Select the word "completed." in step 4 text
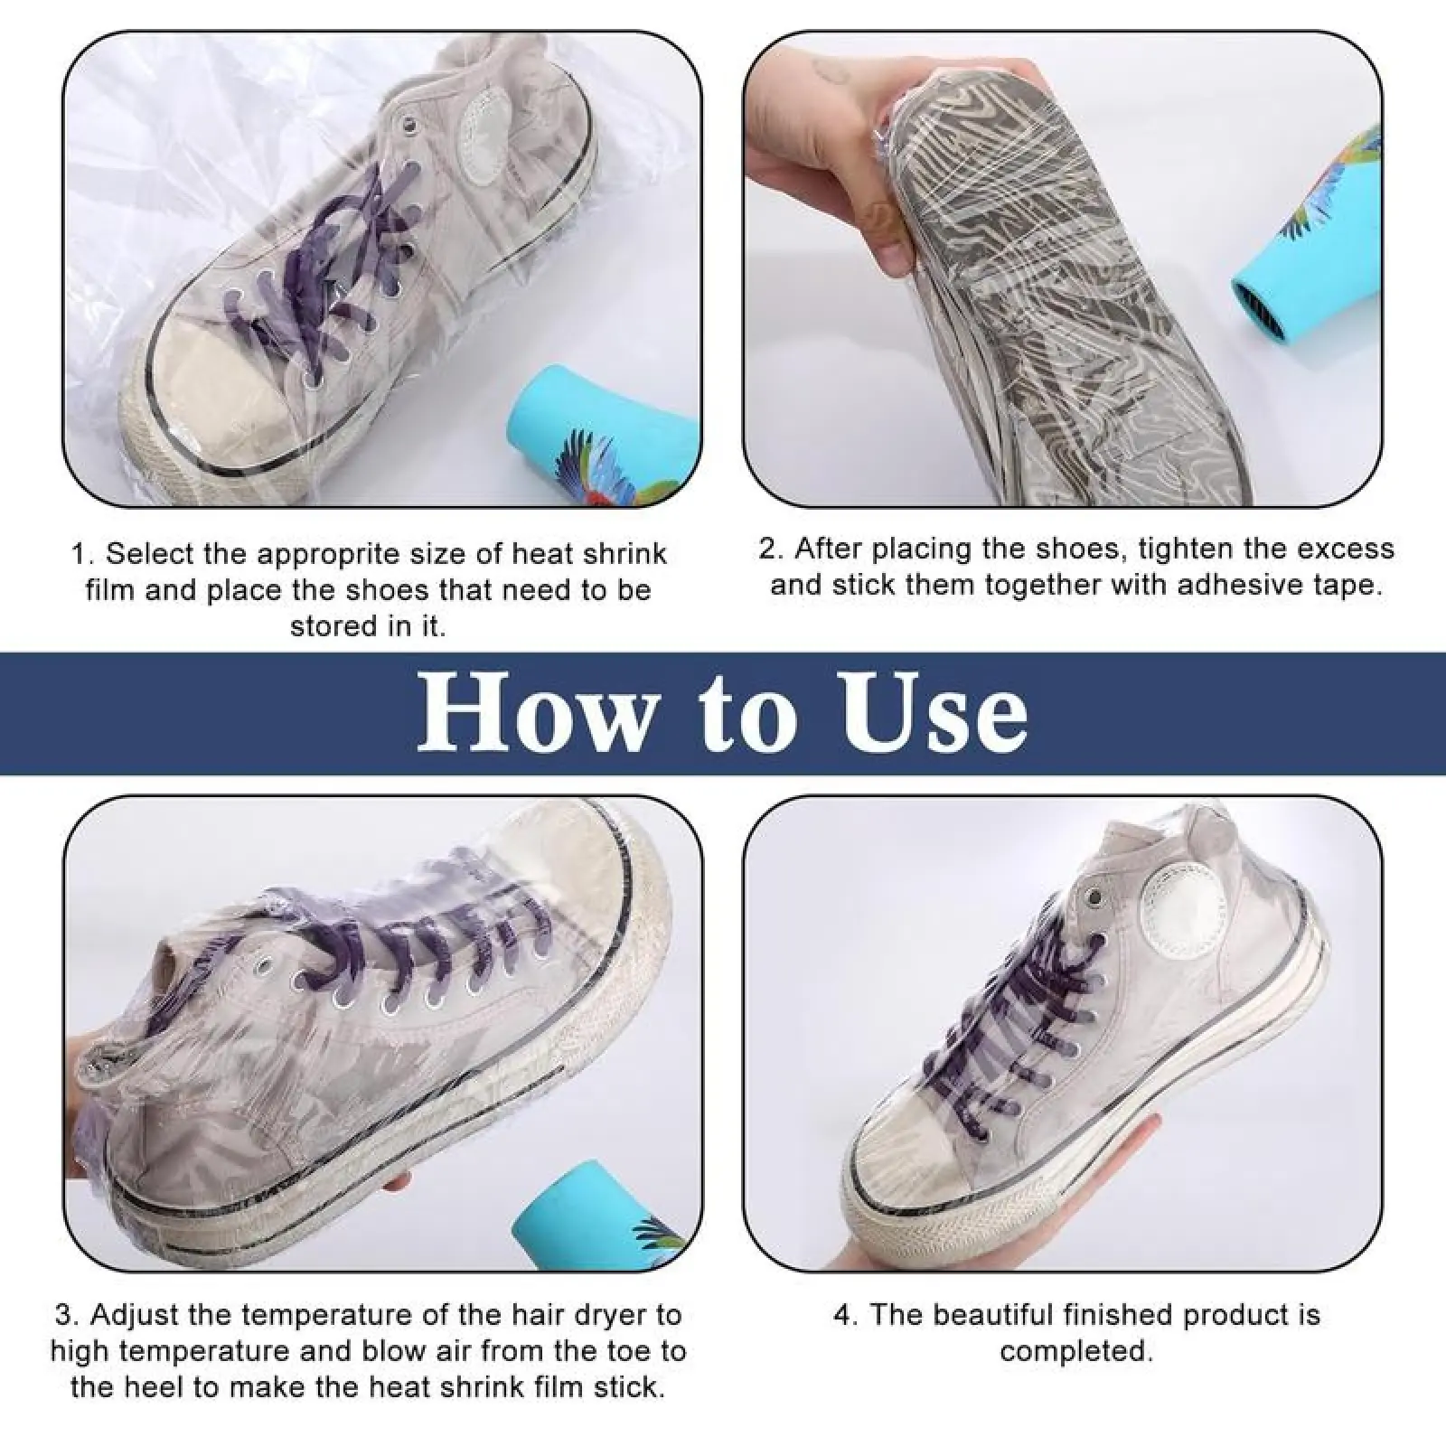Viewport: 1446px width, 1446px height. point(1076,1353)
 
